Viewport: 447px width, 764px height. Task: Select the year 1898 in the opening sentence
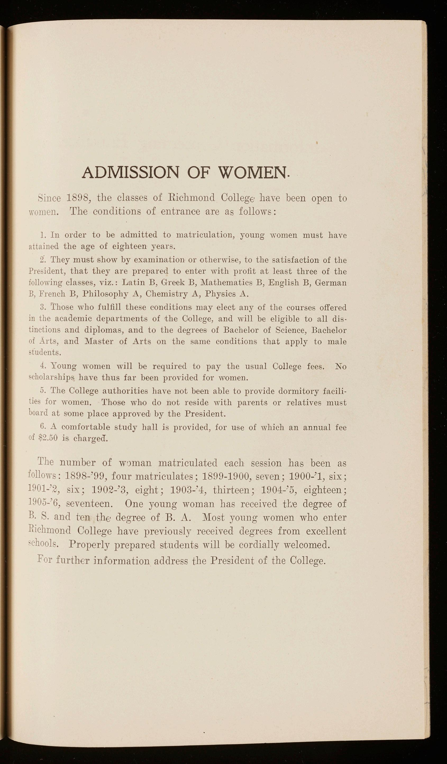[77, 198]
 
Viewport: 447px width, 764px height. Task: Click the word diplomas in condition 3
[103, 330]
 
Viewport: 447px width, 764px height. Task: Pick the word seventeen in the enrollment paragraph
[89, 504]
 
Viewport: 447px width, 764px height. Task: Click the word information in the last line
[121, 560]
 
